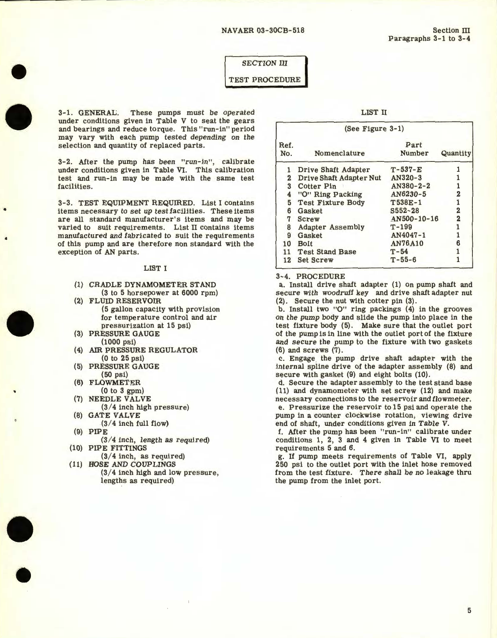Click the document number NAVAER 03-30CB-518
(263, 30)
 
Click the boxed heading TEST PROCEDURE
(265, 80)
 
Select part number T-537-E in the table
(406, 170)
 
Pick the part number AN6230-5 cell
(408, 194)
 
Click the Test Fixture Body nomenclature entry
(331, 203)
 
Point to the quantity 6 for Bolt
(458, 243)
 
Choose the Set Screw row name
(315, 260)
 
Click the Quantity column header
(456, 154)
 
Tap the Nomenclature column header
(339, 154)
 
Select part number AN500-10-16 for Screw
(414, 219)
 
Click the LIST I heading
(155, 268)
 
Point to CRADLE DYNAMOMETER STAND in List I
(152, 285)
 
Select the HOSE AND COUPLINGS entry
(132, 464)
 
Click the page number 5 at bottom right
(469, 611)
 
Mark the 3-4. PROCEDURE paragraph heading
(310, 277)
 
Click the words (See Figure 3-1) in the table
(374, 129)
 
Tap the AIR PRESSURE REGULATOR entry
(143, 350)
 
